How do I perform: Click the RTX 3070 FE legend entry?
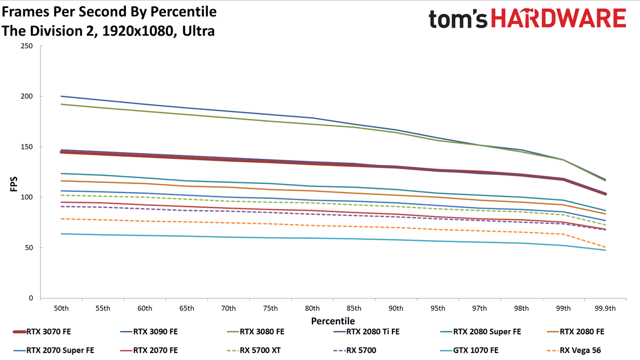pyautogui.click(x=42, y=332)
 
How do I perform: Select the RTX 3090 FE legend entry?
pyautogui.click(x=149, y=332)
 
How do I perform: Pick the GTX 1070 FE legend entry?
pyautogui.click(x=469, y=350)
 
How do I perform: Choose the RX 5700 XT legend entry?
pyautogui.click(x=254, y=350)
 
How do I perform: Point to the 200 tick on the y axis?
pyautogui.click(x=27, y=97)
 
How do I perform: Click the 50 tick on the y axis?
pyautogui.click(x=29, y=247)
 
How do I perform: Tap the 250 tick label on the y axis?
pyautogui.click(x=27, y=46)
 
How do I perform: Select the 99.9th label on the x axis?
pyautogui.click(x=605, y=309)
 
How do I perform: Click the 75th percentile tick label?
pyautogui.click(x=270, y=309)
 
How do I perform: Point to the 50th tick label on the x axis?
pyautogui.click(x=61, y=309)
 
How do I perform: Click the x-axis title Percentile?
pyautogui.click(x=333, y=321)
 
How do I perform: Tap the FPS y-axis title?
pyautogui.click(x=14, y=184)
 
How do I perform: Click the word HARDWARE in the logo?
pyautogui.click(x=558, y=18)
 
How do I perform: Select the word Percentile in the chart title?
pyautogui.click(x=183, y=12)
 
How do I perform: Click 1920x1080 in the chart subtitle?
pyautogui.click(x=138, y=31)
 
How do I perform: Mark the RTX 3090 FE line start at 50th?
pyautogui.click(x=61, y=97)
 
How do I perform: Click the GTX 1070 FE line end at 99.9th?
pyautogui.click(x=605, y=250)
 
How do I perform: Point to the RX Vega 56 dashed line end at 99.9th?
pyautogui.click(x=605, y=247)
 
